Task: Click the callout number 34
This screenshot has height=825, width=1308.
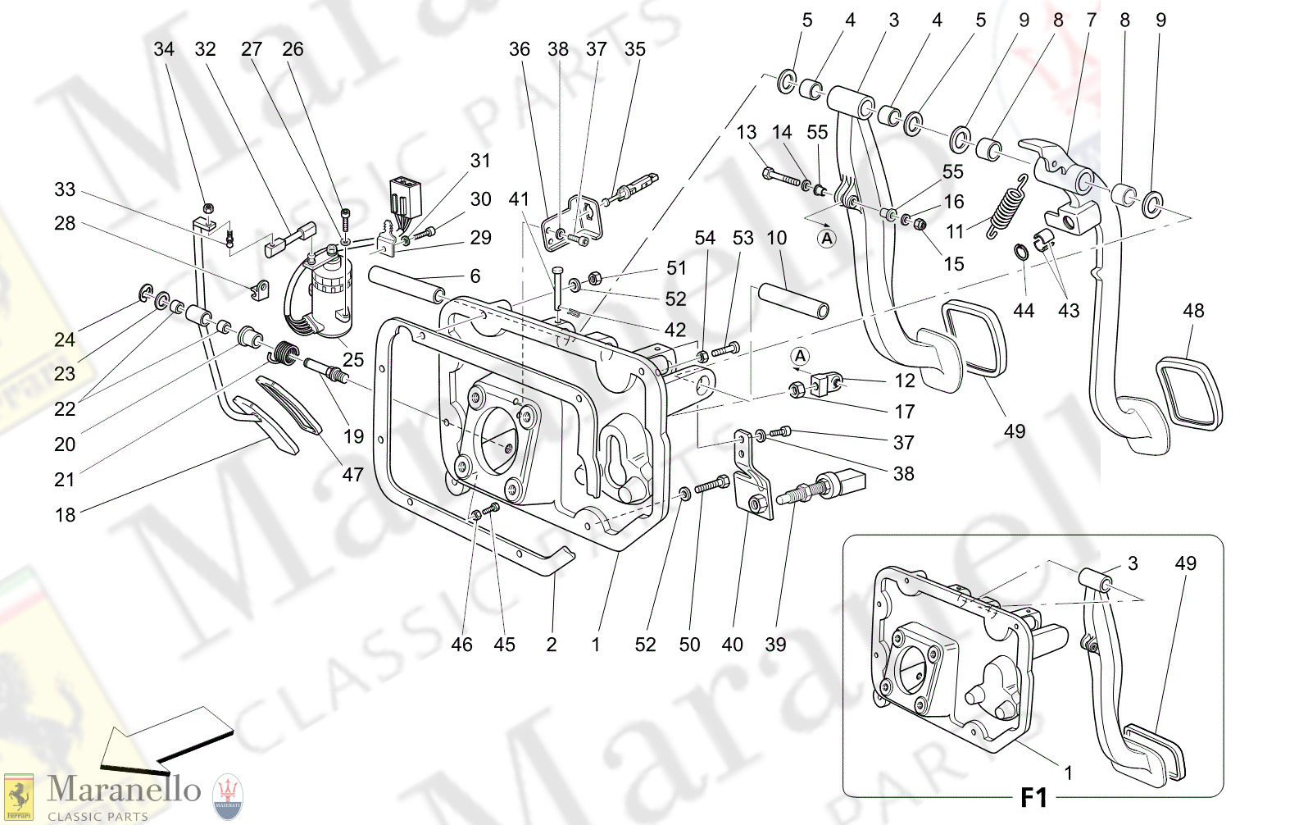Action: tap(164, 49)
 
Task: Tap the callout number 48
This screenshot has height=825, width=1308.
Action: tap(1193, 311)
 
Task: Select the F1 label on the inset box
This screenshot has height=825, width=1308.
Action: tap(1033, 797)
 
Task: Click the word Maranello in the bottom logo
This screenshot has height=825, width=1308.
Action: tap(124, 790)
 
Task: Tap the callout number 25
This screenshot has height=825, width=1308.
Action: tap(353, 359)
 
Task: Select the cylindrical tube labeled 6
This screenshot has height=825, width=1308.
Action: tap(407, 283)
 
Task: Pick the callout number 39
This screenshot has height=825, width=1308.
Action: tap(775, 645)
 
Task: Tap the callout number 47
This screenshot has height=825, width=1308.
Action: tap(352, 474)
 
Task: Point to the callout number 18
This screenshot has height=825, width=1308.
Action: tap(65, 515)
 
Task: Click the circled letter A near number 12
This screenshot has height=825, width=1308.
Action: tap(800, 356)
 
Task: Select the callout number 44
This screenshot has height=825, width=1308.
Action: tap(1024, 311)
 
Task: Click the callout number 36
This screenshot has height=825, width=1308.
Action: tap(520, 49)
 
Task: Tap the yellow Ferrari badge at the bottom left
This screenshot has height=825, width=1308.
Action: tap(19, 796)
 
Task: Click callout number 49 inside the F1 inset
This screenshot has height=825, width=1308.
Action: tap(1185, 563)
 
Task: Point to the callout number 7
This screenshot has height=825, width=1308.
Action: tap(1091, 20)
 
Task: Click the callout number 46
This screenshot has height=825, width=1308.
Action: tap(461, 645)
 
